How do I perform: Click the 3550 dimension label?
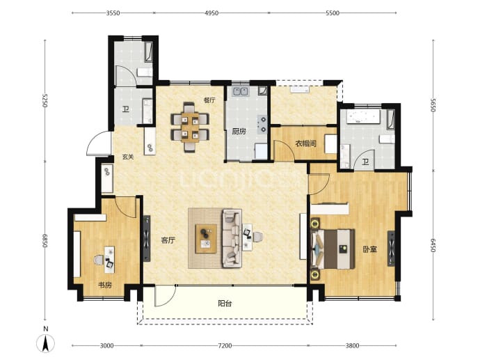coord(113,13)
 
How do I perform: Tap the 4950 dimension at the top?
coord(211,13)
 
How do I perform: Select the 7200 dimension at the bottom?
coord(225,346)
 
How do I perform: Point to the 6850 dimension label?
coord(45,241)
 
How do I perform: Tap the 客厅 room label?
coord(168,240)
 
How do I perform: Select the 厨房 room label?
coord(239,132)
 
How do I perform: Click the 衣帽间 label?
coord(306,143)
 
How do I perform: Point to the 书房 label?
coord(104,285)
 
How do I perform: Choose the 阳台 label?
coord(225,304)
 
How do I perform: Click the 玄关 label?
coord(128,157)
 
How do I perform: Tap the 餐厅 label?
coord(209,100)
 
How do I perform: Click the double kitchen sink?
coord(240,92)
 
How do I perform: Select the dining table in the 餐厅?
coord(190,127)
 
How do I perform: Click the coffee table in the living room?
coord(206,239)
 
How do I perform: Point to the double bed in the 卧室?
coord(333,249)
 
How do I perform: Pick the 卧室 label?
coord(370,249)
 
